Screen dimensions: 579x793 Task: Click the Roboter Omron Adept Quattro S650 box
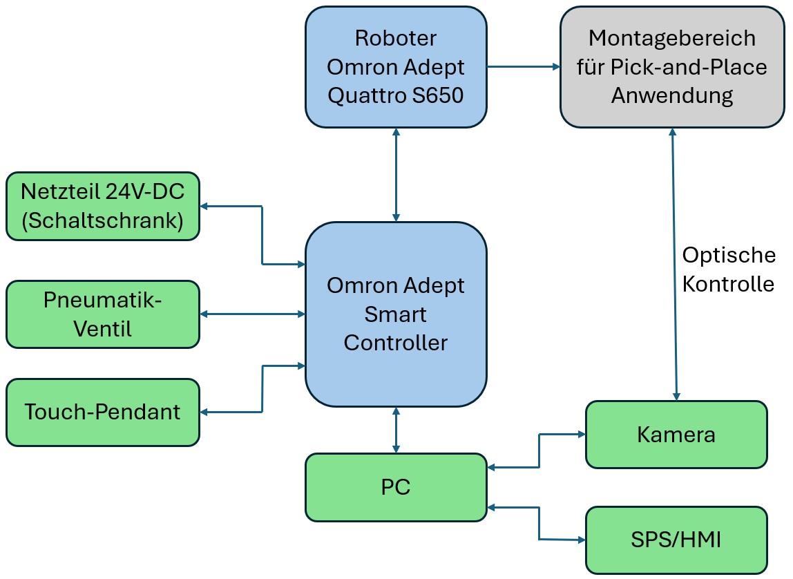396,67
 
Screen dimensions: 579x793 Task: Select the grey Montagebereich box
672,67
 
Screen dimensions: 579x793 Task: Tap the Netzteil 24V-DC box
102,206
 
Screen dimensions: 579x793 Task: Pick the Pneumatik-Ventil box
102,314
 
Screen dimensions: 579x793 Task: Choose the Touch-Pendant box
102,412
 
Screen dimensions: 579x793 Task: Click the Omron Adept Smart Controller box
396,314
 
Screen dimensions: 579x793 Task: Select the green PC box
396,487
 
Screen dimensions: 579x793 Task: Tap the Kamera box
676,435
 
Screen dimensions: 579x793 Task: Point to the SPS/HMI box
676,540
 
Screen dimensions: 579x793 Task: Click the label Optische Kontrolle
729,269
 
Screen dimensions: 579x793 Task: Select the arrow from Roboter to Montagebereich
523,67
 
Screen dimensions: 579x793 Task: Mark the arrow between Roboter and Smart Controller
396,174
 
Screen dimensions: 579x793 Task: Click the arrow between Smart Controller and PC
396,430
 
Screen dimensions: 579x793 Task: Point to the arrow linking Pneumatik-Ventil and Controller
252,314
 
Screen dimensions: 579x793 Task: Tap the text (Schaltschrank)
102,221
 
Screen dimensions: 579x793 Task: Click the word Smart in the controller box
396,314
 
